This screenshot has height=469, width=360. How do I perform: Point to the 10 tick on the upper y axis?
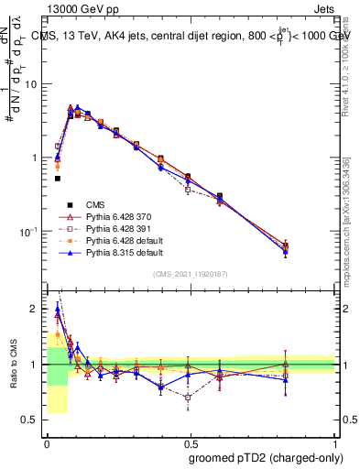[36, 84]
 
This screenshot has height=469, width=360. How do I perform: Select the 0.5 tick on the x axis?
[191, 442]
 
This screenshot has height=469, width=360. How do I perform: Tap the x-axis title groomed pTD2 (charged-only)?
[261, 456]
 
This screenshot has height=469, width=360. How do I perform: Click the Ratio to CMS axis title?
[15, 364]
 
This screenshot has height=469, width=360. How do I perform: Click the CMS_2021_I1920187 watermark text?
[191, 274]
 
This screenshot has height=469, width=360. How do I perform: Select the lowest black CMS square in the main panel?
[57, 179]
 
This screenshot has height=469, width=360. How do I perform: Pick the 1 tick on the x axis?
[335, 442]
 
